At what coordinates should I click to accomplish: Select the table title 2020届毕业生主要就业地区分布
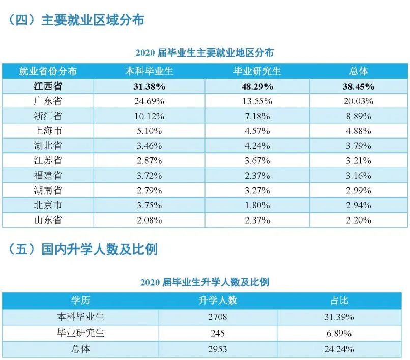204,52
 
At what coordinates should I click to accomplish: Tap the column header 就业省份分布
48,71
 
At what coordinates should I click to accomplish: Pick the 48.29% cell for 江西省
257,86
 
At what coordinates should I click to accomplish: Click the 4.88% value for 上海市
358,131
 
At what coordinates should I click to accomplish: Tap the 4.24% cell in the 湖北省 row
257,146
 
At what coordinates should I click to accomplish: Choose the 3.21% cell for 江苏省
358,160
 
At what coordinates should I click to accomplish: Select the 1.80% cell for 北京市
257,205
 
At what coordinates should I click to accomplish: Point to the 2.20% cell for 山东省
358,220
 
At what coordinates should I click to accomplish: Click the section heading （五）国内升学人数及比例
83,250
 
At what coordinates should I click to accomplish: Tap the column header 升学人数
218,300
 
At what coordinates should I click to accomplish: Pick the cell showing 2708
218,317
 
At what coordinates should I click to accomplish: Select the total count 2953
218,349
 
